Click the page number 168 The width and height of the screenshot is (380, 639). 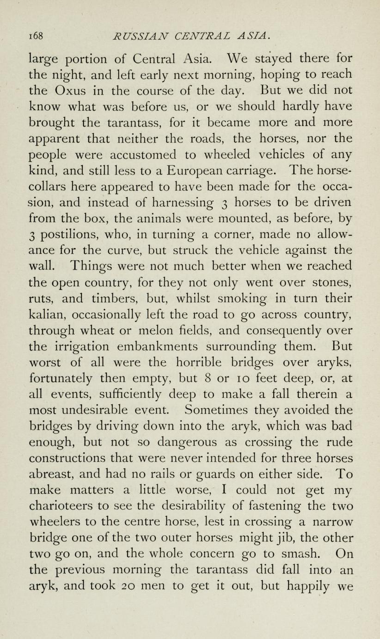tap(36, 36)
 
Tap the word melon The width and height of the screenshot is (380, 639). tap(167, 331)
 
